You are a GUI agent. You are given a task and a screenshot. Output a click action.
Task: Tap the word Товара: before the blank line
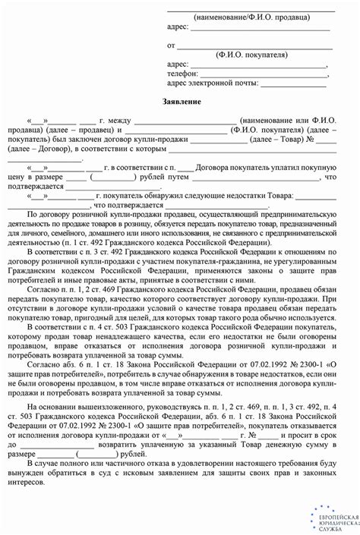[274, 197]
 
